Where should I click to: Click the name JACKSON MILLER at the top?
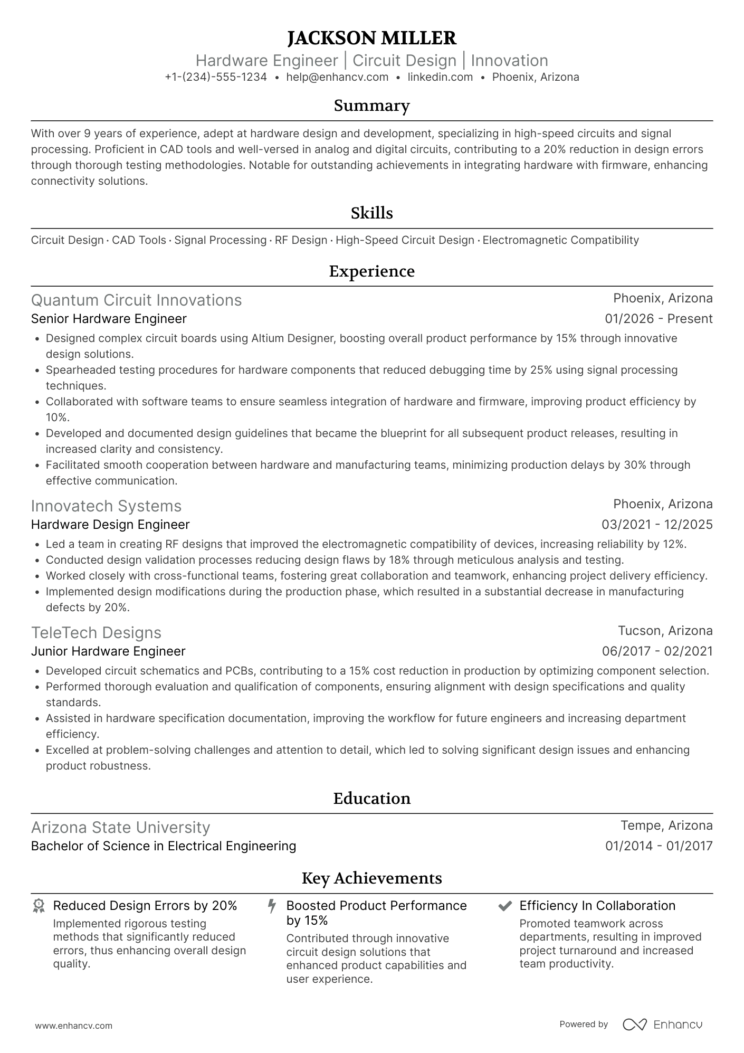pos(371,38)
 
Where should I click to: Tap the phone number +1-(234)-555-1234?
pos(215,77)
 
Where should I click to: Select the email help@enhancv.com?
pos(337,77)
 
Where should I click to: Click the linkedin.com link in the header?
pos(440,77)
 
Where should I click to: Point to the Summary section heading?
pos(371,106)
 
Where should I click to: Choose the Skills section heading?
pos(371,213)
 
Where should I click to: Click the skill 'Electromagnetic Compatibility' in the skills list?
pos(560,240)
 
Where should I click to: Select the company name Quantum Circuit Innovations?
pos(136,300)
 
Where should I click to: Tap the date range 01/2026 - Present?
pos(659,319)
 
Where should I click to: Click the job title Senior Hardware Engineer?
pos(109,319)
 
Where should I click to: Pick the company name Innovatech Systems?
pos(106,506)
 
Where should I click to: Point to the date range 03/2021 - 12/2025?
pos(657,525)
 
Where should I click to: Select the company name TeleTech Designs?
pos(96,632)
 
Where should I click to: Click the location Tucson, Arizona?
pos(665,631)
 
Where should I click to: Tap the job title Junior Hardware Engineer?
pos(108,651)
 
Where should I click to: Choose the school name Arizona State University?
pos(120,827)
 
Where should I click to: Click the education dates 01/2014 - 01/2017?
pos(659,846)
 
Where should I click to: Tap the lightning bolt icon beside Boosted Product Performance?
pos(272,906)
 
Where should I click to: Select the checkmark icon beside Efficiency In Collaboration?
pos(505,906)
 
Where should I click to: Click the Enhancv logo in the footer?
pos(662,1024)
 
